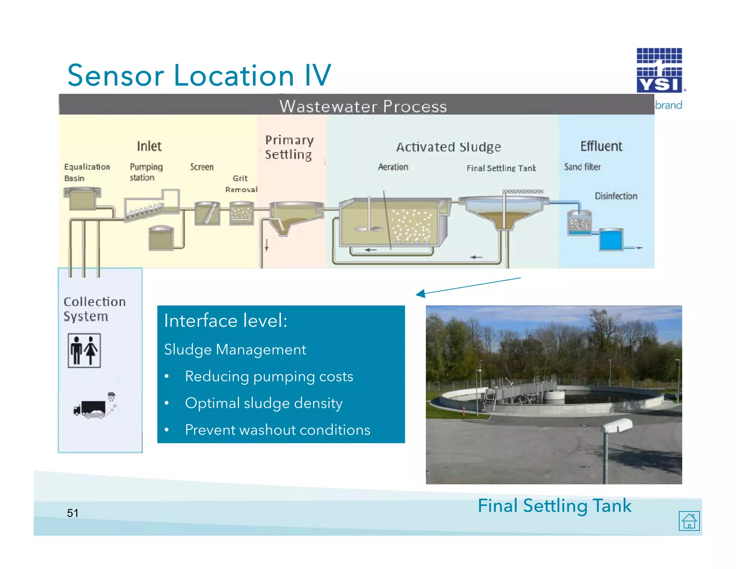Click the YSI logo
pyautogui.click(x=659, y=70)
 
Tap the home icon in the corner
pyautogui.click(x=689, y=520)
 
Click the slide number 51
pyautogui.click(x=73, y=513)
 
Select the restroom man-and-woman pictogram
pyautogui.click(x=84, y=350)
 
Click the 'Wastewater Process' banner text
pyautogui.click(x=363, y=106)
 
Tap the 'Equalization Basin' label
pyautogui.click(x=87, y=172)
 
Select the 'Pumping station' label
pyautogui.click(x=146, y=172)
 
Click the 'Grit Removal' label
pyautogui.click(x=241, y=183)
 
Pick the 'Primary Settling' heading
pyautogui.click(x=289, y=147)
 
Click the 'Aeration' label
pyautogui.click(x=393, y=167)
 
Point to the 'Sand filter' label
pyautogui.click(x=582, y=167)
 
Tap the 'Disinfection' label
pyautogui.click(x=616, y=196)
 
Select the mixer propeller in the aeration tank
pyautogui.click(x=368, y=229)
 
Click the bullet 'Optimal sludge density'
pyautogui.click(x=263, y=403)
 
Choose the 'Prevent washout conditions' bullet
pyautogui.click(x=277, y=430)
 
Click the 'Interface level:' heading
pyautogui.click(x=225, y=320)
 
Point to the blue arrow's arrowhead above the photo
pyautogui.click(x=420, y=294)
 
